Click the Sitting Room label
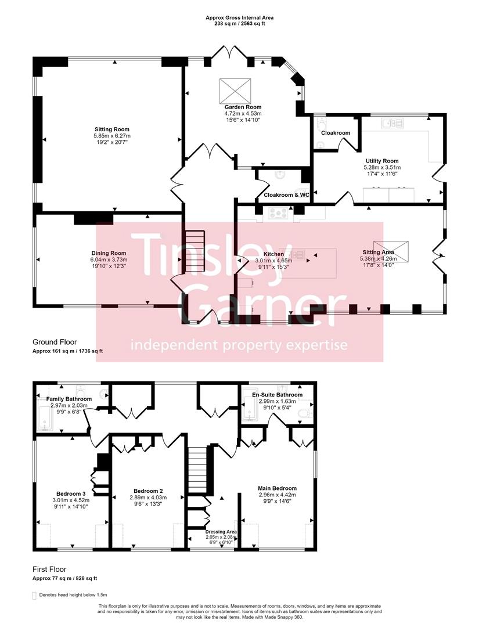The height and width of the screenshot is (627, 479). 112,129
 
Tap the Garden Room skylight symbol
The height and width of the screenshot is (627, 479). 235,90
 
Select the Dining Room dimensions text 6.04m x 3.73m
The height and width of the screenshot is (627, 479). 109,260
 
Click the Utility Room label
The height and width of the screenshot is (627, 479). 381,161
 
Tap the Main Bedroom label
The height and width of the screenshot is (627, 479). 277,488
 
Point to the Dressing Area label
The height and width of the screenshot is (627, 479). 221,531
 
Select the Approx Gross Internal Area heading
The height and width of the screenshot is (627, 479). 239,18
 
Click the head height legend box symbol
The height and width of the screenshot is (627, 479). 34,595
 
